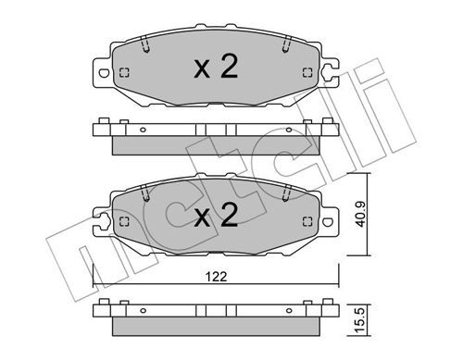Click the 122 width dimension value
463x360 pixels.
click(216, 277)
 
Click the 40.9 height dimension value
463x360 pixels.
click(360, 215)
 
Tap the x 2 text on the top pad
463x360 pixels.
click(216, 67)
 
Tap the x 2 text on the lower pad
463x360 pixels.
click(216, 216)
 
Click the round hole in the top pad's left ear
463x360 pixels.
click(104, 73)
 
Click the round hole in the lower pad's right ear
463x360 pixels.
click(328, 221)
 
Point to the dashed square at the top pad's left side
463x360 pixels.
click(124, 73)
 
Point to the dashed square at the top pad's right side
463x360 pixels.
click(307, 72)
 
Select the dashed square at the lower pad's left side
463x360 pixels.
click(124, 221)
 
